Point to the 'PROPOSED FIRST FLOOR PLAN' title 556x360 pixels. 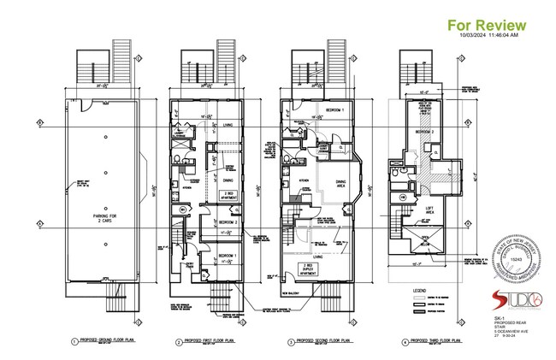click(211, 340)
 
